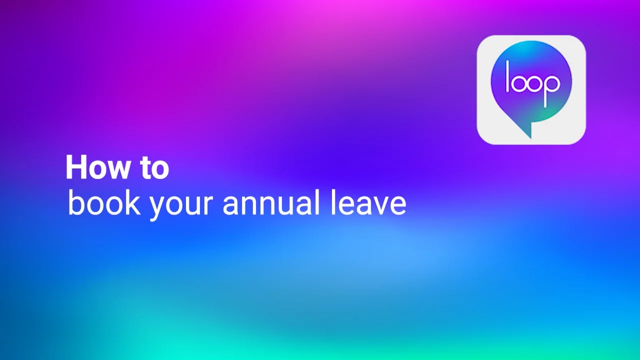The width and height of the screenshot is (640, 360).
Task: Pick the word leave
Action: click(x=367, y=203)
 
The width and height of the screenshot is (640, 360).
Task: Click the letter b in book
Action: click(x=75, y=202)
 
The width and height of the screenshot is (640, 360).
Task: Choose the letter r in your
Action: click(x=208, y=204)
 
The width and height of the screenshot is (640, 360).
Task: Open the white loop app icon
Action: click(x=531, y=90)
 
